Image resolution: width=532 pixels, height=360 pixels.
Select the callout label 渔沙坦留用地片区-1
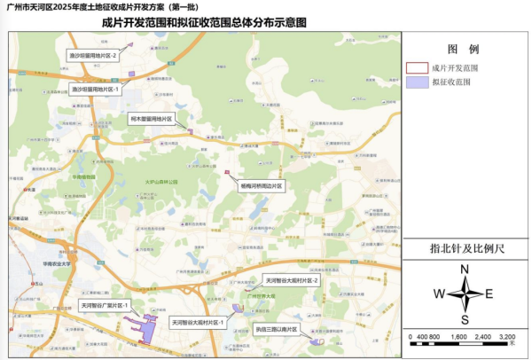(x=95, y=89)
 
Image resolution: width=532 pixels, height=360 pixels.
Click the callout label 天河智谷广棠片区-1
(x=106, y=305)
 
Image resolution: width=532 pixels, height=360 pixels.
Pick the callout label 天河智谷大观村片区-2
(x=289, y=281)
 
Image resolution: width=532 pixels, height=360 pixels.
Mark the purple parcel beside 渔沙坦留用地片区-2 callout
(x=130, y=73)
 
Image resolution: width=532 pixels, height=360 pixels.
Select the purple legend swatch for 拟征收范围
(x=416, y=82)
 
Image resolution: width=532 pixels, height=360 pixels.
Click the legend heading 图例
(x=463, y=49)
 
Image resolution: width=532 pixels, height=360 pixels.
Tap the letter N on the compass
(x=465, y=270)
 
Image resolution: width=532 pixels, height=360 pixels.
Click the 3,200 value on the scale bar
(x=507, y=338)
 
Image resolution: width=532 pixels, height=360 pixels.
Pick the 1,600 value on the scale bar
(x=459, y=338)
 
